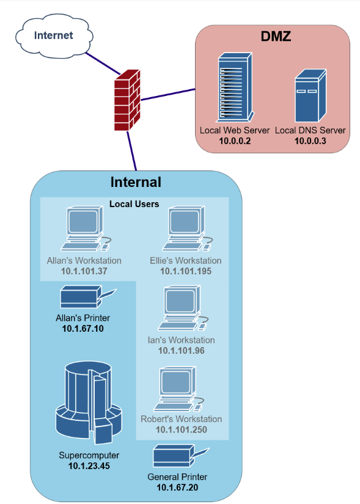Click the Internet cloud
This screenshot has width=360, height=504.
pyautogui.click(x=53, y=35)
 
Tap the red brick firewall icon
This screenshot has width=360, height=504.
pyautogui.click(x=127, y=100)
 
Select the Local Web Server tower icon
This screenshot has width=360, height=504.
pyautogui.click(x=233, y=87)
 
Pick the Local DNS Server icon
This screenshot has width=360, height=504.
pyautogui.click(x=310, y=96)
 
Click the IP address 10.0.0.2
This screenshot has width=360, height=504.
pyautogui.click(x=235, y=141)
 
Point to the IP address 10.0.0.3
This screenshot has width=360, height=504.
pyautogui.click(x=310, y=141)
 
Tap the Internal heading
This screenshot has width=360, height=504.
pyautogui.click(x=136, y=182)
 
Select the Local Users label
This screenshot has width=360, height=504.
pyautogui.click(x=134, y=204)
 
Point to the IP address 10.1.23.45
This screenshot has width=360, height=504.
pyautogui.click(x=89, y=466)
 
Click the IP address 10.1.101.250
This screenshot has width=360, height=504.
pyautogui.click(x=182, y=429)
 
